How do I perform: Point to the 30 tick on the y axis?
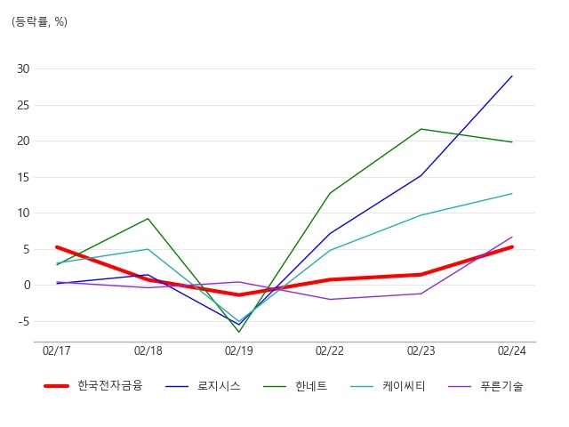[x=23, y=68]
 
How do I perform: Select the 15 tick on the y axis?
[x=23, y=177]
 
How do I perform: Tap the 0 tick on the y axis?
[x=27, y=286]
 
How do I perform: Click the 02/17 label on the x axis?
[x=57, y=351]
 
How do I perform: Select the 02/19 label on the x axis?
[x=239, y=351]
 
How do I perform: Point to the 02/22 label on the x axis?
[x=330, y=351]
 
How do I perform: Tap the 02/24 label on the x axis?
[x=512, y=351]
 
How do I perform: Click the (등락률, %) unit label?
[x=40, y=21]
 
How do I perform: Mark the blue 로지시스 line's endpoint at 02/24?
[x=512, y=76]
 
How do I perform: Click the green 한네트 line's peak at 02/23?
[x=421, y=129]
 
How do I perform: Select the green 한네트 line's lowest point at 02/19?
[x=239, y=332]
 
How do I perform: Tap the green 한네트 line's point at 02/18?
[x=148, y=219]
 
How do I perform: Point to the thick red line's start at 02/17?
[x=57, y=247]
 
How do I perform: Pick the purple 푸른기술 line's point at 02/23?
[x=421, y=294]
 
